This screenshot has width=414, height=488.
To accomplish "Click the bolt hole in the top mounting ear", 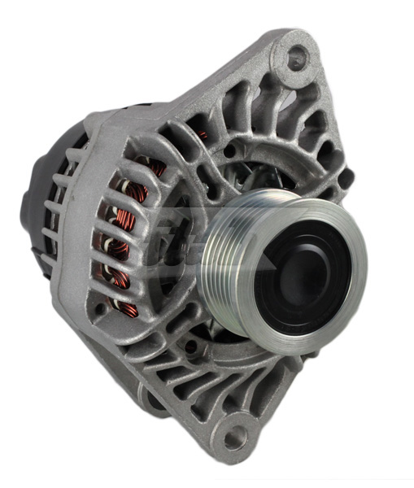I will tap(297, 55).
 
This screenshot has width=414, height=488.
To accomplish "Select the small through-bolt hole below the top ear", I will tap(230, 151).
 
